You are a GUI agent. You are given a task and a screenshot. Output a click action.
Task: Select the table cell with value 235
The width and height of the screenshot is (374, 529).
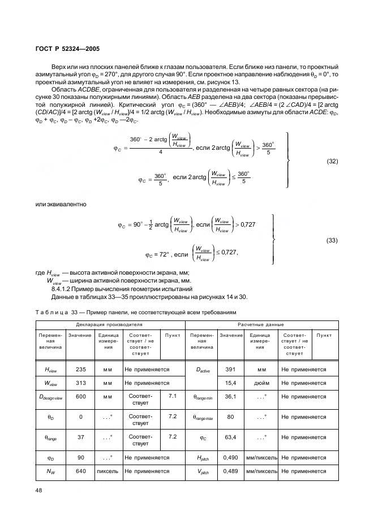coord(80,369)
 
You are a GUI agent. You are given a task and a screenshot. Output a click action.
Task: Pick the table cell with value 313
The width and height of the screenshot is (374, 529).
coord(80,383)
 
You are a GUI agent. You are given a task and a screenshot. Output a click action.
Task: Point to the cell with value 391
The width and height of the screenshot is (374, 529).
coord(230,369)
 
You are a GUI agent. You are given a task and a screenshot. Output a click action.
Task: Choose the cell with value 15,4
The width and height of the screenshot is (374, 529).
coord(230,383)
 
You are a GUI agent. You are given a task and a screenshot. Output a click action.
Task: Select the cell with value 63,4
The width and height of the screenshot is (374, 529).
coord(230,437)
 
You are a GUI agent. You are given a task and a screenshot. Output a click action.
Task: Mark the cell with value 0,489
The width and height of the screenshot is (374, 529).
coord(230,470)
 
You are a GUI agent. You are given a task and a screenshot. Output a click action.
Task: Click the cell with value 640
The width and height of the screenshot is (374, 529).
coord(80,470)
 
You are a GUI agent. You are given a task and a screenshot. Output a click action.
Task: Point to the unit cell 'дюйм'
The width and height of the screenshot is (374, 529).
coord(261,383)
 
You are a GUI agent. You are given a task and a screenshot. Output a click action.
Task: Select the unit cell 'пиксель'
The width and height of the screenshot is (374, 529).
coord(108,470)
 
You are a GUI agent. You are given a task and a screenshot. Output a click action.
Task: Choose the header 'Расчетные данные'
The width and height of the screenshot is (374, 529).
coord(261,325)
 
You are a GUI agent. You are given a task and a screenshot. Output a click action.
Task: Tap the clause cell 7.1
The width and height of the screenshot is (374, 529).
coord(173,396)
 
